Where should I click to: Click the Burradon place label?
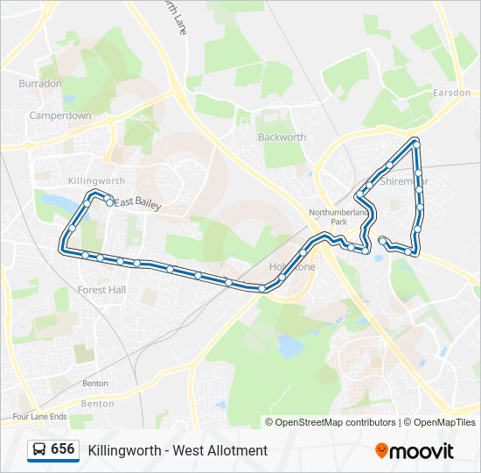40,83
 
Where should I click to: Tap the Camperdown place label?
60,115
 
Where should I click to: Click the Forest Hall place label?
101,290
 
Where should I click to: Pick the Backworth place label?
282,138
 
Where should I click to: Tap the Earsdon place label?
451,93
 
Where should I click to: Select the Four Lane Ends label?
40,417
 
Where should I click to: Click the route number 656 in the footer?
62,449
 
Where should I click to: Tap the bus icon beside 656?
39,450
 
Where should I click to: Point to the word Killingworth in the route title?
122,451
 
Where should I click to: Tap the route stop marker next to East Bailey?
108,201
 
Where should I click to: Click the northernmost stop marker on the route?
415,142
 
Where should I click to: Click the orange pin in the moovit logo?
381,451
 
